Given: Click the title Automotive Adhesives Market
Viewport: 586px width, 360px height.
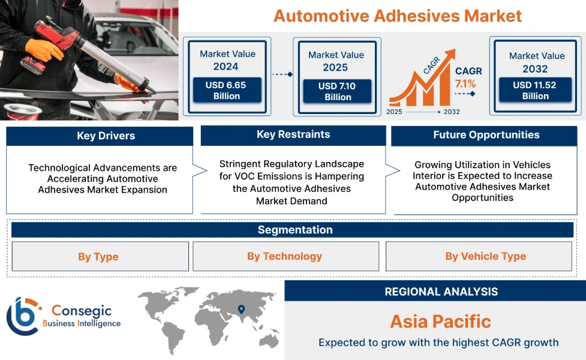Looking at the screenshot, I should tap(397, 16).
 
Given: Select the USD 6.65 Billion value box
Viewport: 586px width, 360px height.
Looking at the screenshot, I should tap(226, 91).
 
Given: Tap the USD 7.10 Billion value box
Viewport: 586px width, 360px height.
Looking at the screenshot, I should tap(337, 91).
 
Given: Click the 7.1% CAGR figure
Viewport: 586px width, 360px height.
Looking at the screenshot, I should tap(465, 83).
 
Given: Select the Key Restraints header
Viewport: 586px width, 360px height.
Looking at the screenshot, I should tap(293, 134).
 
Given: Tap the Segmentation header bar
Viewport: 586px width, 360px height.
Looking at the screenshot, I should tap(294, 230).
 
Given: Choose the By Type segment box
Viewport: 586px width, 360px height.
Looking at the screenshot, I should tap(100, 257).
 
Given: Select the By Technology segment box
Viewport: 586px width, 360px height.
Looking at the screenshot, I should tap(285, 256).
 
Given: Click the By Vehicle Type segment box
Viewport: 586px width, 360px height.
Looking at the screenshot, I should tap(485, 256).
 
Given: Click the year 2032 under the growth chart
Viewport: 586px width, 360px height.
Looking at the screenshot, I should tap(452, 112).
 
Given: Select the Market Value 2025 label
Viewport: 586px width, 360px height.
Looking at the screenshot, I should tap(336, 61).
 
